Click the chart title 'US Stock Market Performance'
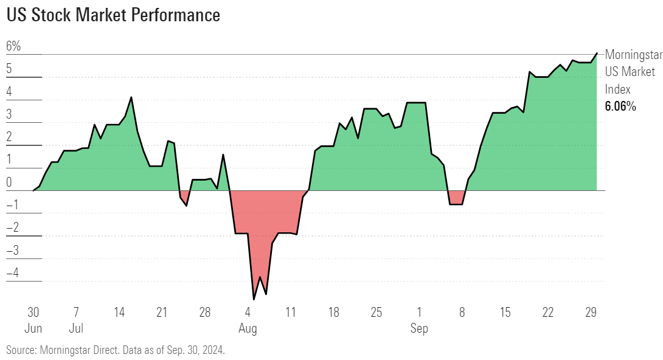(x=113, y=15)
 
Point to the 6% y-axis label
(x=13, y=46)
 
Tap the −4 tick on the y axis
(x=13, y=273)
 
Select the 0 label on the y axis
(x=9, y=182)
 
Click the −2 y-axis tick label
(x=13, y=227)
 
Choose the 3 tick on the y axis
(x=9, y=114)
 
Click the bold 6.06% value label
(x=620, y=107)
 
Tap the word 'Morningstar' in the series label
(x=633, y=55)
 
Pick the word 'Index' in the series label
(x=617, y=89)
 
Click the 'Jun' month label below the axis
(x=33, y=329)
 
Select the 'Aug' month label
(x=248, y=329)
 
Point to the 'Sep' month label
(x=419, y=329)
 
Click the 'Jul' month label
(x=76, y=329)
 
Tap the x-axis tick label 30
(x=33, y=313)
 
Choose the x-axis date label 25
(x=377, y=313)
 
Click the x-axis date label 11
(x=291, y=313)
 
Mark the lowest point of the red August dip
(x=254, y=299)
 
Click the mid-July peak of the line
(x=131, y=97)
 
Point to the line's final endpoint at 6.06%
(x=597, y=54)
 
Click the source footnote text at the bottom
(x=116, y=350)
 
